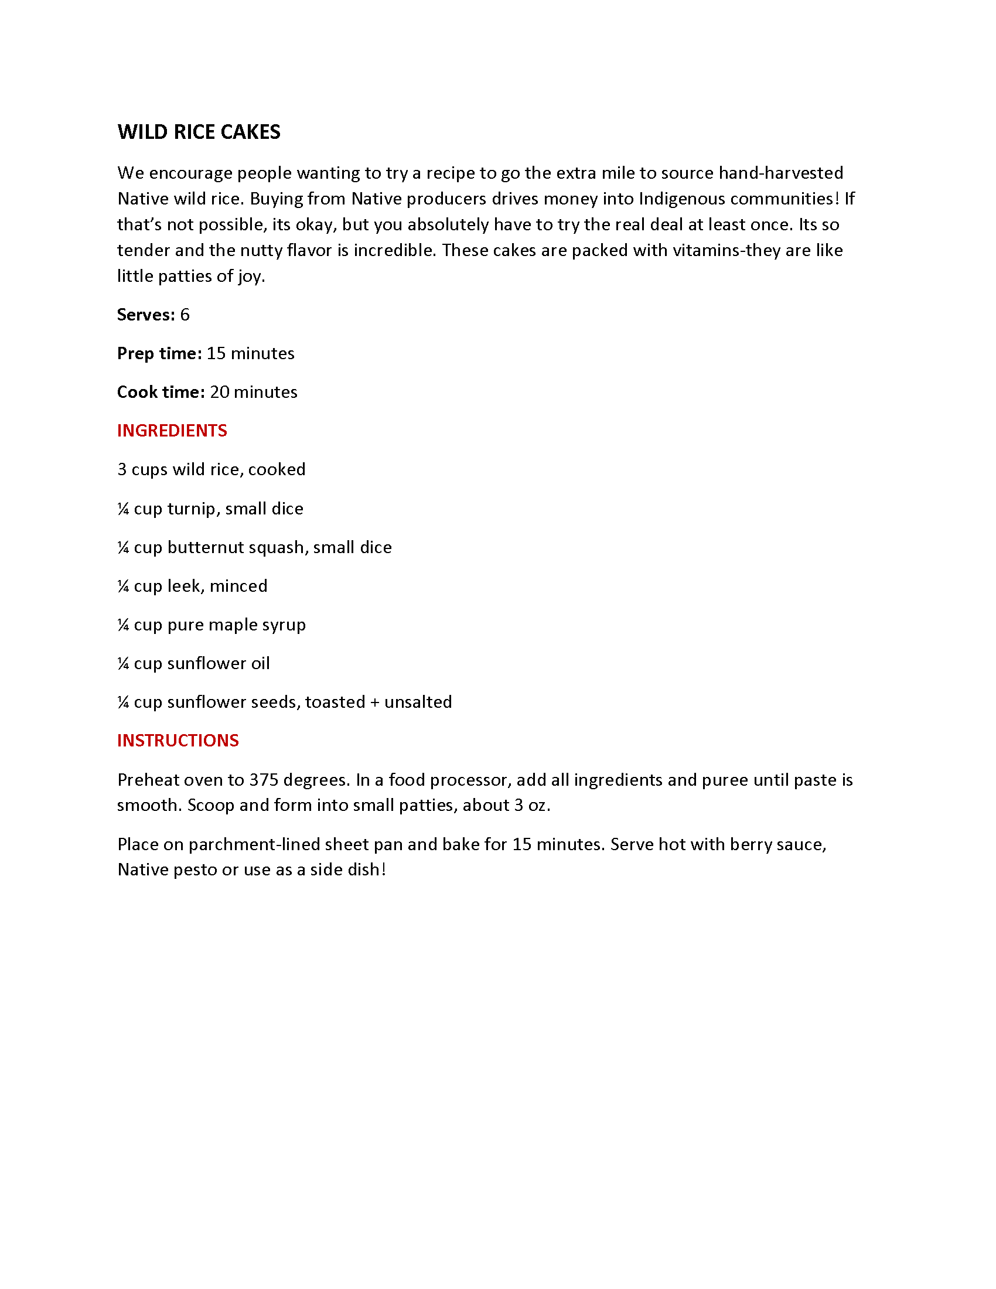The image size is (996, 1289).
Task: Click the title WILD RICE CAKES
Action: click(199, 132)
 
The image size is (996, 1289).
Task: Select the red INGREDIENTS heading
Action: click(172, 431)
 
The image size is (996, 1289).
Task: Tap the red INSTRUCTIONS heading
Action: click(178, 741)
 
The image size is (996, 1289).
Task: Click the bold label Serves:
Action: click(146, 315)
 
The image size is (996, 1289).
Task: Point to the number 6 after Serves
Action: click(185, 315)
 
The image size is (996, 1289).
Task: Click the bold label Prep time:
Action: click(159, 353)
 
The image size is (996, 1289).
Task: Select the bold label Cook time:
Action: click(161, 392)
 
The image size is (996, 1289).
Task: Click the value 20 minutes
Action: click(253, 392)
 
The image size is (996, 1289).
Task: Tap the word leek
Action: click(183, 586)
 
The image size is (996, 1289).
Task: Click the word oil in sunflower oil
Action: click(260, 663)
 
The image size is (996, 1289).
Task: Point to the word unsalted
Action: click(418, 702)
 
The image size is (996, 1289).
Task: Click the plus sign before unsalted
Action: click(375, 703)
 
